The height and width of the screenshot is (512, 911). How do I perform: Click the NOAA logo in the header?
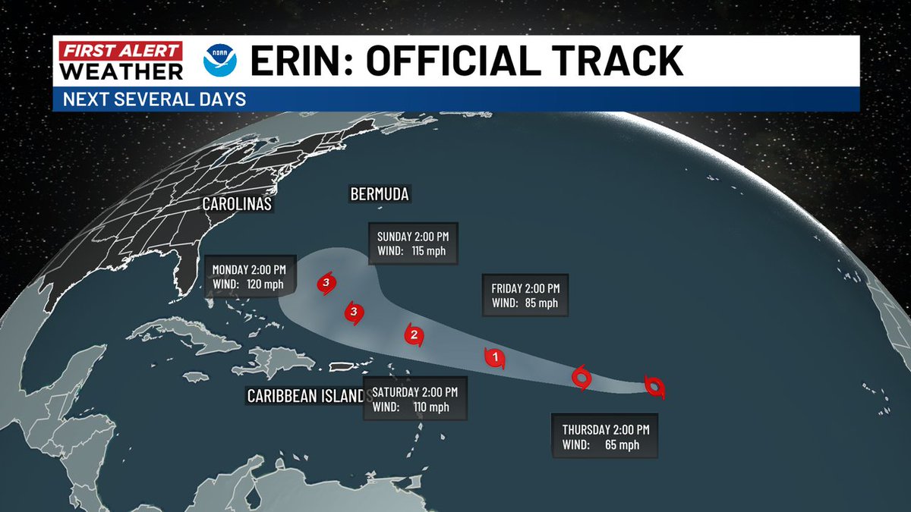(220, 62)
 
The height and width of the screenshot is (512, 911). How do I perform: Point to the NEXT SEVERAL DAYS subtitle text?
(154, 99)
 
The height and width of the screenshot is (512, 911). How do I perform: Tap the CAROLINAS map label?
(237, 204)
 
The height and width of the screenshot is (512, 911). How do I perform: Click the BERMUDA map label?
(380, 195)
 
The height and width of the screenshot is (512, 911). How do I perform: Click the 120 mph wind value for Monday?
(260, 284)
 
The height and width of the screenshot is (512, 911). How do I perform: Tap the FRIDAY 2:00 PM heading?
(525, 288)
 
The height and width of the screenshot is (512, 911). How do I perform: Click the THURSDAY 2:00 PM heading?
(606, 429)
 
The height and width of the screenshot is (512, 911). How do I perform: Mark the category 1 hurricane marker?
(495, 357)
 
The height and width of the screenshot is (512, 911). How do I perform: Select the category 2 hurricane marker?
(414, 335)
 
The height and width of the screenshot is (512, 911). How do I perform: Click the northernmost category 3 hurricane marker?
(326, 284)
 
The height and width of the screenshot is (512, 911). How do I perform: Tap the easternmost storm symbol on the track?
(654, 387)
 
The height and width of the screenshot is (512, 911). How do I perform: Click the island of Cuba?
(182, 337)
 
